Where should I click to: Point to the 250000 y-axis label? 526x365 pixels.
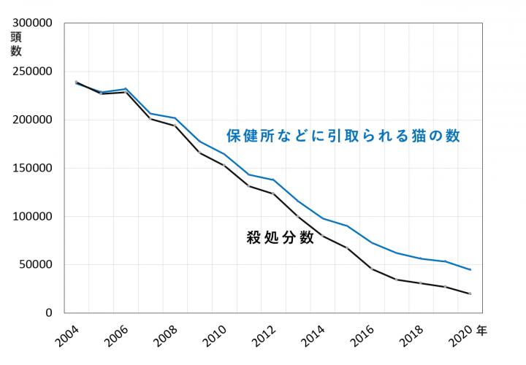click(33, 72)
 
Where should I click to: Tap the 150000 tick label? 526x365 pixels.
click(33, 168)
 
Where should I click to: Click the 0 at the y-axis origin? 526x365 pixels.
click(49, 313)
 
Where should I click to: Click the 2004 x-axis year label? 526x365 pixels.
click(69, 339)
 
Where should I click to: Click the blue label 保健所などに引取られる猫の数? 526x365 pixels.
click(343, 136)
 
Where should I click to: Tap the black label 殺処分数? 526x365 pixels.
click(281, 238)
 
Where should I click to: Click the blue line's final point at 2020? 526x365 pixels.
click(470, 270)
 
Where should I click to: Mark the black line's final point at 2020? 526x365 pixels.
click(470, 293)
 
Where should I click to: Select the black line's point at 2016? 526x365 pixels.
click(372, 269)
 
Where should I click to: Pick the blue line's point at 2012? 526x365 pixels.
click(273, 180)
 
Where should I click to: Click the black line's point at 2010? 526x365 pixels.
click(224, 166)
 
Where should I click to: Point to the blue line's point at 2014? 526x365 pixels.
click(323, 218)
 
